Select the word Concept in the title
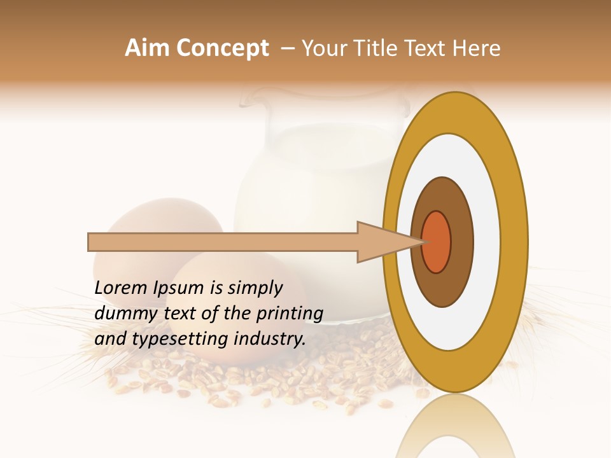pos(222,48)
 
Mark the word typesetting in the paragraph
pos(179,339)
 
